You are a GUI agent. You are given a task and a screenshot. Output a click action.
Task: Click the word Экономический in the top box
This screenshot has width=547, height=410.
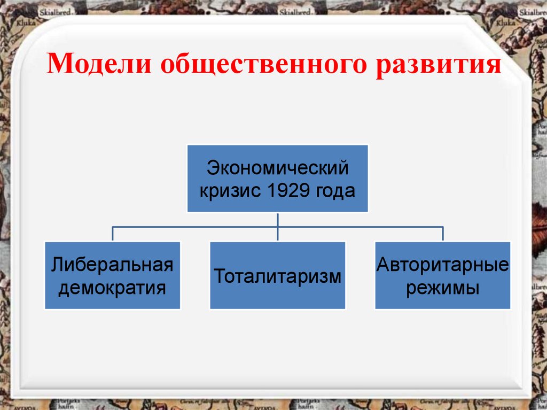pos(278,168)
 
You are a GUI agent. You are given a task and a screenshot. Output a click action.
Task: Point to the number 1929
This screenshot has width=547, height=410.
pos(291,190)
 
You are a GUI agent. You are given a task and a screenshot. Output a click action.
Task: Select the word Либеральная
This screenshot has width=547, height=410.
pos(112,265)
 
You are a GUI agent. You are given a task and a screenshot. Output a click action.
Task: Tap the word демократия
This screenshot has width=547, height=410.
pos(112,288)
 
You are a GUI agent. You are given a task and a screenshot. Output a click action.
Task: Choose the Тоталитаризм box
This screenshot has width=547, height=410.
pos(277,276)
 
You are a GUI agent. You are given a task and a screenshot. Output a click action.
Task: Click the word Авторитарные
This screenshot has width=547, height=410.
pos(442,265)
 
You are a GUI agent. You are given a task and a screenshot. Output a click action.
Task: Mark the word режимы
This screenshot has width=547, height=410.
pos(442,288)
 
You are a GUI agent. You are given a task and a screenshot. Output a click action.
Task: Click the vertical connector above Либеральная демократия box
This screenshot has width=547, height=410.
pos(112,234)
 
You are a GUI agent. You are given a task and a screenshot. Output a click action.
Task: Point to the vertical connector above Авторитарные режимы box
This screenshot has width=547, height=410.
pos(442,234)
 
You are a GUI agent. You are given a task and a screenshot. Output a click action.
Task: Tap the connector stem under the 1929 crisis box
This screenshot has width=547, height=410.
pos(277,219)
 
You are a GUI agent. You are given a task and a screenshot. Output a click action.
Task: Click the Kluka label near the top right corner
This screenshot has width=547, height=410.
pos(504,24)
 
